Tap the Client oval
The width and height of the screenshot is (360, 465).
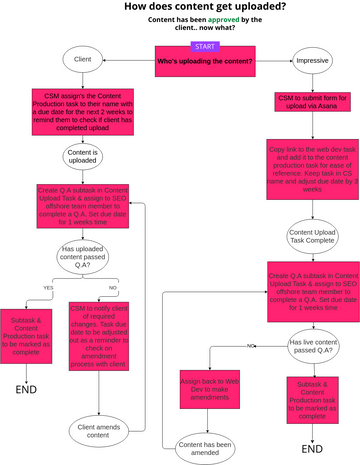(x=84, y=60)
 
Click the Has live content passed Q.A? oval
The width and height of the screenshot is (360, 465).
(x=311, y=318)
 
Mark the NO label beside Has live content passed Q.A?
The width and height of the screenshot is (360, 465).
(x=247, y=317)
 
